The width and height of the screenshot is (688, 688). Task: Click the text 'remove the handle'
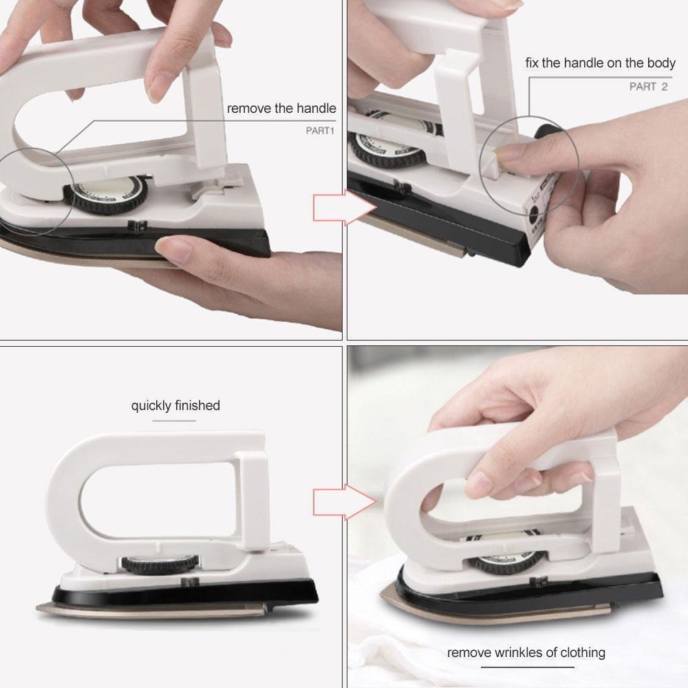coord(281,109)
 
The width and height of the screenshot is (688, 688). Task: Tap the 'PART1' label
coord(319,129)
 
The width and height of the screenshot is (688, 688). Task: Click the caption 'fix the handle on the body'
coord(600,63)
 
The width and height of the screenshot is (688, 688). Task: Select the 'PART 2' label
coord(648,87)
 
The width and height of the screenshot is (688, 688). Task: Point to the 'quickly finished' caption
coord(175,406)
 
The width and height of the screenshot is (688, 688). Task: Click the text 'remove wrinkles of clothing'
coord(526,652)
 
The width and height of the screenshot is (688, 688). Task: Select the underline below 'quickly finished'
coord(171,420)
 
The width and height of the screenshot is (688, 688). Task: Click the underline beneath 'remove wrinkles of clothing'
coord(527,667)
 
